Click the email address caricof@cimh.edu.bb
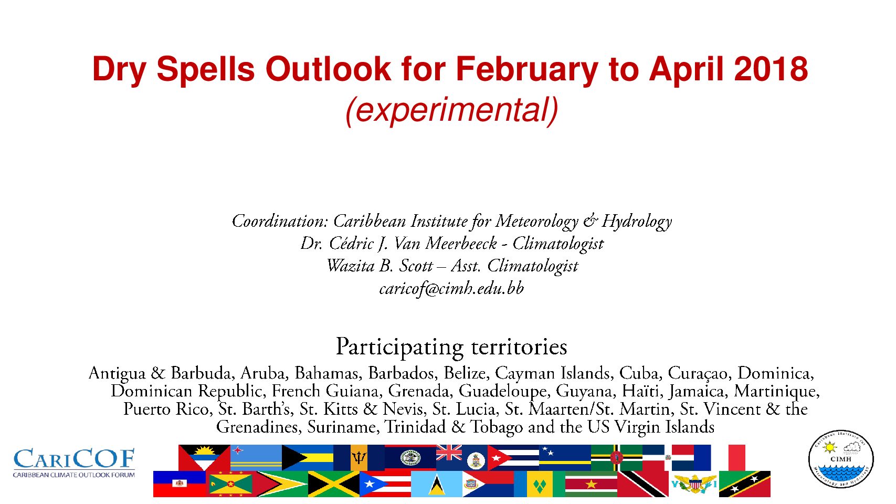coord(451,289)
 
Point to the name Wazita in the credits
coord(351,266)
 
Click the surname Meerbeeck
coord(461,244)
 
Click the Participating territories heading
coord(451,347)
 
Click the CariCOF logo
coord(74,463)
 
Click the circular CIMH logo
coord(841,459)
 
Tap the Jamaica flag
coord(334,484)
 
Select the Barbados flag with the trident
coord(359,458)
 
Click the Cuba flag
coord(513,458)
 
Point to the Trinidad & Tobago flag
coord(643,484)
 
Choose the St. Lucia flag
coord(437,484)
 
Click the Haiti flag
coord(179,484)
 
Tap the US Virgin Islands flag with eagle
coord(694,484)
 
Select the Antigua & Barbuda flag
coord(204,458)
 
